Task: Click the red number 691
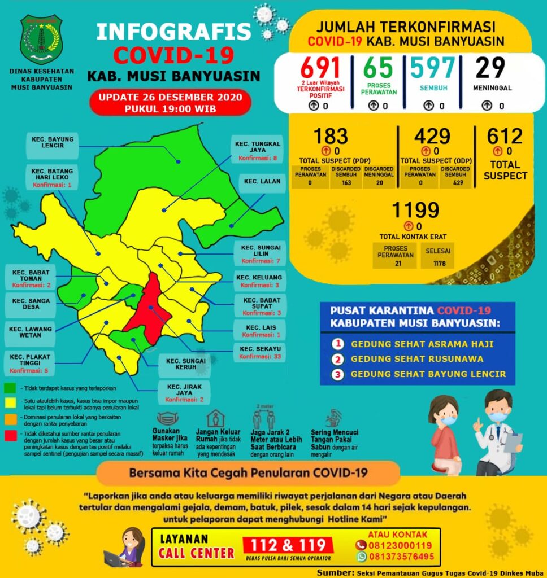[320, 68]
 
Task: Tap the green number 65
[378, 68]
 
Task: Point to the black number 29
[490, 68]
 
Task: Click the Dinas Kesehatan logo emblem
[41, 40]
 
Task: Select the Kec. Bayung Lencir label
[52, 146]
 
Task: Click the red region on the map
[149, 305]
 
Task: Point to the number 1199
[416, 210]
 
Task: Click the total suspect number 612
[505, 137]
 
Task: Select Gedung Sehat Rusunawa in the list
[416, 358]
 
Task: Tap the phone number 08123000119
[401, 545]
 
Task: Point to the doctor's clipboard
[513, 441]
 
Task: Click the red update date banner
[170, 102]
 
